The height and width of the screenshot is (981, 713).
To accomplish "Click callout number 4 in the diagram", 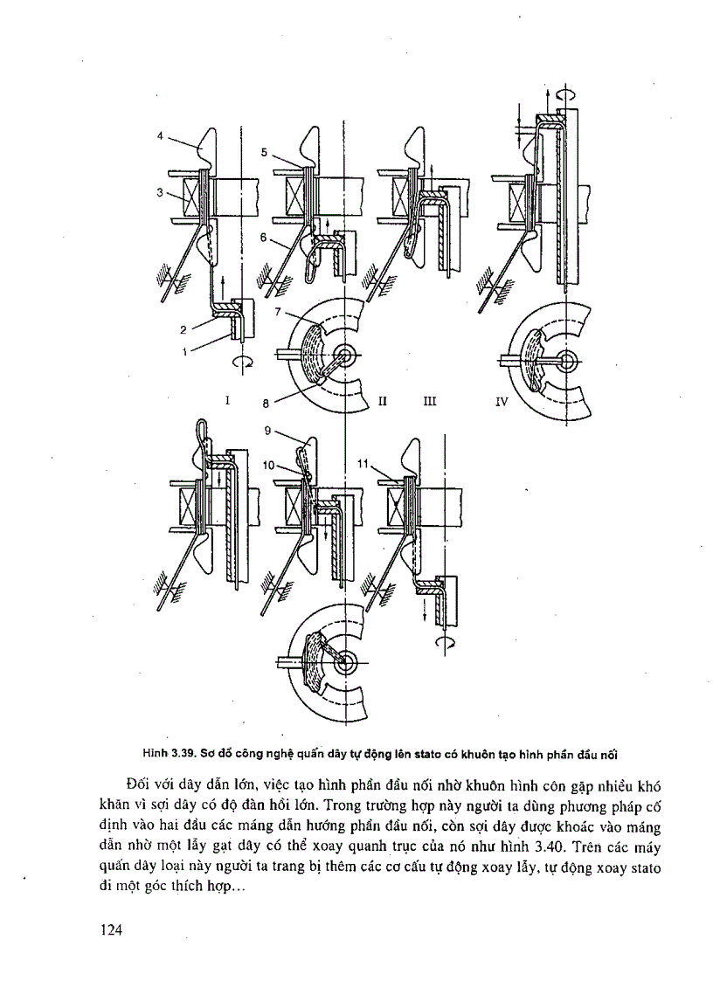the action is click(161, 135).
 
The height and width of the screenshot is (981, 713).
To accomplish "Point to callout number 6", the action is click(263, 237).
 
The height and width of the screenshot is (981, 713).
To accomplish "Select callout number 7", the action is click(277, 312).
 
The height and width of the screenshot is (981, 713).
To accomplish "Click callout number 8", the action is click(264, 403).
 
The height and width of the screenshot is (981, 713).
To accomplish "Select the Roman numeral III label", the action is click(429, 402).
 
